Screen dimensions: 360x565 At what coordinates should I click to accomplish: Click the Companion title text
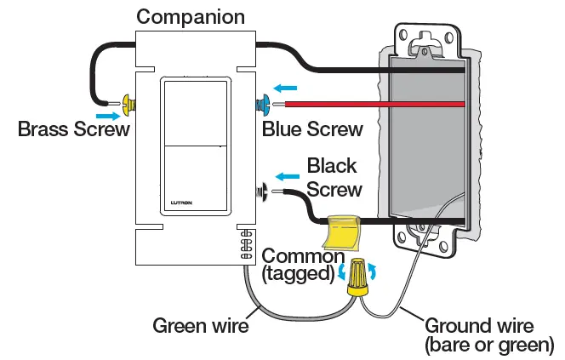point(191,16)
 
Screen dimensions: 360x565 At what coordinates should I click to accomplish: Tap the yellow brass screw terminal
point(130,105)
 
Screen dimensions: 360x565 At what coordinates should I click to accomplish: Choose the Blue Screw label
point(312,129)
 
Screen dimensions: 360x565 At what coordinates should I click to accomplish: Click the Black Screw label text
point(334,177)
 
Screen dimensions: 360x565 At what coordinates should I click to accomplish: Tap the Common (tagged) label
point(301,265)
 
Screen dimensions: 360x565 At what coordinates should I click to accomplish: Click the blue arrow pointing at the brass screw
point(107,115)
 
